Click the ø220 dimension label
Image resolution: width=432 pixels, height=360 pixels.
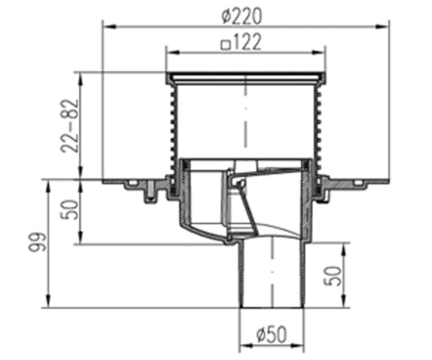242,16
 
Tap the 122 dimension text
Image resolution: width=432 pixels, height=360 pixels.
246,42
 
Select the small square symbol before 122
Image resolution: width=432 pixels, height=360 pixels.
225,45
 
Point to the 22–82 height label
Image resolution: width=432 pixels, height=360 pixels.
70,126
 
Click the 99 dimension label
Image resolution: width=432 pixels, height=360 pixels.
37,243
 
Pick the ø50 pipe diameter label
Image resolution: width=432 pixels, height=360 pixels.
271,334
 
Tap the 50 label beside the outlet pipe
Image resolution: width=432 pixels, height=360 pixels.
333,276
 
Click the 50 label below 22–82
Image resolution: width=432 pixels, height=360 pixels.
70,210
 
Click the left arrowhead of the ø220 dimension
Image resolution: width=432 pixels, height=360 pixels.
109,27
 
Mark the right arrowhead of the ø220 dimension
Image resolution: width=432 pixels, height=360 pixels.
382,27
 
